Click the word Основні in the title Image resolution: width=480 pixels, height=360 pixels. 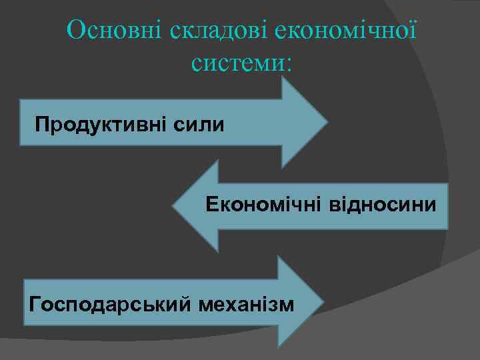pyautogui.click(x=115, y=31)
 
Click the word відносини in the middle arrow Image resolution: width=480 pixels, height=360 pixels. pyautogui.click(x=383, y=204)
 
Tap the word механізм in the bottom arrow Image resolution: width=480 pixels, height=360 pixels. pyautogui.click(x=245, y=304)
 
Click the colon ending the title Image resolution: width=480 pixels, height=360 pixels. pyautogui.click(x=288, y=64)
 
